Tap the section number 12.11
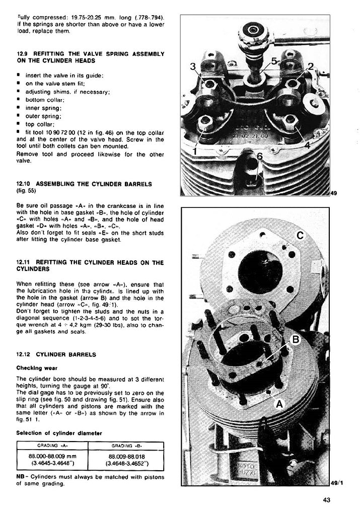click(24, 262)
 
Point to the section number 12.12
click(24, 354)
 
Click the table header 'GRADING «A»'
click(52, 446)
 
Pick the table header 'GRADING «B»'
click(126, 446)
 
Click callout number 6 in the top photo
click(260, 157)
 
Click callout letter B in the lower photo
click(296, 340)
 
